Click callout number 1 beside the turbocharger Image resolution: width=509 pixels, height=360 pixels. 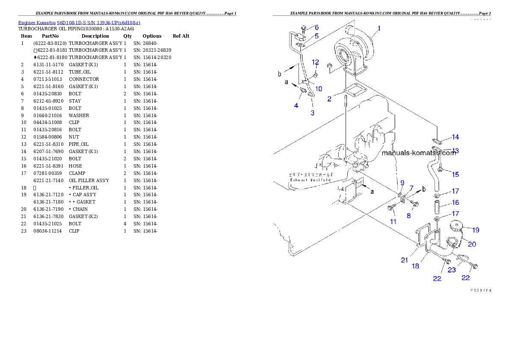pos(379,29)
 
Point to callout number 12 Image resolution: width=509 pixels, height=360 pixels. pos(315,62)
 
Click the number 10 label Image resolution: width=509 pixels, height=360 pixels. pos(319,89)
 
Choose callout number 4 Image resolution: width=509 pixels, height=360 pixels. pos(296,105)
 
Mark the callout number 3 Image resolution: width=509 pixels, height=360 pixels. pos(313,113)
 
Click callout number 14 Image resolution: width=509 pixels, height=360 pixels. pos(455,137)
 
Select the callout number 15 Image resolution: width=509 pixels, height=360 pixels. pos(455,174)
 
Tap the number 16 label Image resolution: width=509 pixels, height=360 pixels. pos(455,203)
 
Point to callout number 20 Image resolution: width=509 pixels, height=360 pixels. pos(472,244)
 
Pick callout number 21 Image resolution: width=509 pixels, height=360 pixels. pos(405,260)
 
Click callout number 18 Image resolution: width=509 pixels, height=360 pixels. pos(415,266)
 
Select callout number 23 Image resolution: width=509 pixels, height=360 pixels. pos(452,270)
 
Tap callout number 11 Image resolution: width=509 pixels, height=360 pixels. pos(393,221)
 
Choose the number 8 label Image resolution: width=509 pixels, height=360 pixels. pos(408,216)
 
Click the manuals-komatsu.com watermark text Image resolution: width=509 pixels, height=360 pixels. pos(419,153)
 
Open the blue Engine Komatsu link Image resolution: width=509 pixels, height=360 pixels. pos(79,22)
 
